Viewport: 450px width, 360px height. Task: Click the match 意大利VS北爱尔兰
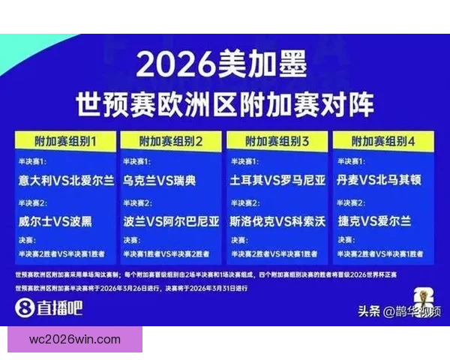tap(66, 181)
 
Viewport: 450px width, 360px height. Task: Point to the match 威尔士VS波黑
tap(55, 221)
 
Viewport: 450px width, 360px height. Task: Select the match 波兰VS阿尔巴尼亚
tap(172, 221)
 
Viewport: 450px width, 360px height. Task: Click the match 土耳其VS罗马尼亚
tap(277, 181)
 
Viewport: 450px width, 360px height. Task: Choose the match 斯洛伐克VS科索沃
tap(277, 221)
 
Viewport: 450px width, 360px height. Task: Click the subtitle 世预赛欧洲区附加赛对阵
tap(224, 104)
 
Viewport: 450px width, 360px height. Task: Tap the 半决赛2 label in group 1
tap(33, 203)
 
